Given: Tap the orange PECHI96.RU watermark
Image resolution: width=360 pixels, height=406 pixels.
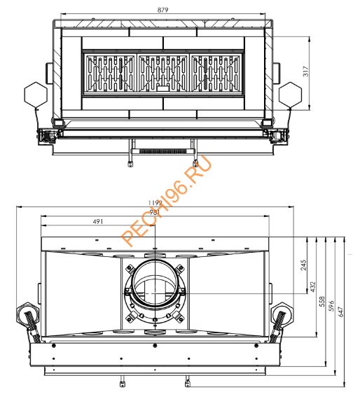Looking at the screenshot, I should (x=166, y=202).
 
